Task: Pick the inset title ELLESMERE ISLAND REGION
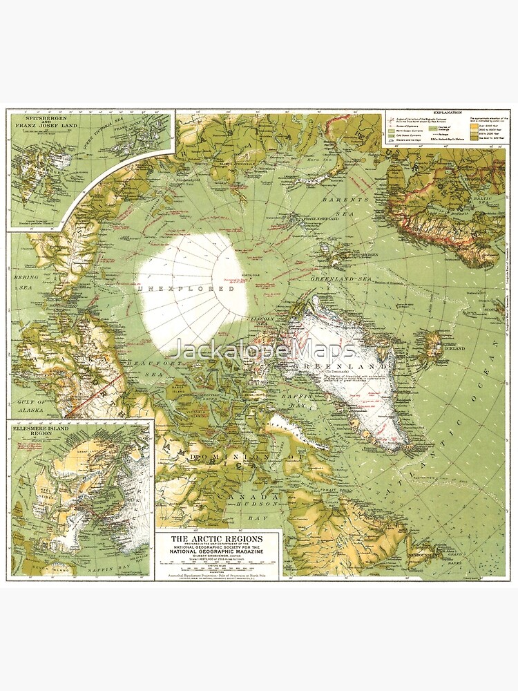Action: click(x=43, y=433)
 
